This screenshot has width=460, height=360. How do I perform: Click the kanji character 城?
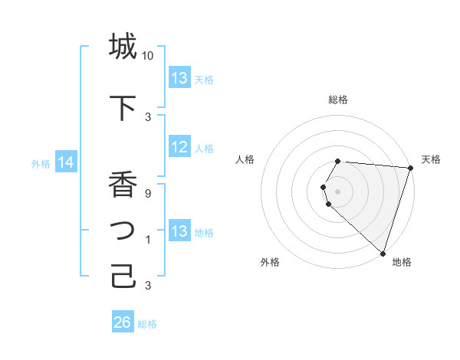pos(123,47)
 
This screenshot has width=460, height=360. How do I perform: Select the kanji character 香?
pos(123,185)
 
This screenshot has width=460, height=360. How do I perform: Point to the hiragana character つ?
pos(123,231)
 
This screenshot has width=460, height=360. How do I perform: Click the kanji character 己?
pos(123,277)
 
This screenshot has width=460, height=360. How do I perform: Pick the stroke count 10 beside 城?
pos(148,56)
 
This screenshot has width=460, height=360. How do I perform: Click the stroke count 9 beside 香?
pos(148,194)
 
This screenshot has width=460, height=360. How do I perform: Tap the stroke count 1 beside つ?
pos(148,240)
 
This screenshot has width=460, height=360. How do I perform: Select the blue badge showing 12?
pos(179,148)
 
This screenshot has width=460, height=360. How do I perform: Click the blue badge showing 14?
pos(65,162)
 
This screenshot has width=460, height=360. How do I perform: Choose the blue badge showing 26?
pos(122,323)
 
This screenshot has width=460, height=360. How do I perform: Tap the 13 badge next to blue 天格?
pos(179,79)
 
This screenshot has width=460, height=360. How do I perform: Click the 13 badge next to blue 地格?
pos(179,232)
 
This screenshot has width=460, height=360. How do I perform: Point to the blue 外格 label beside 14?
pos(41,163)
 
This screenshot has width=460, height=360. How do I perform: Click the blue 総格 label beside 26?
pos(147,324)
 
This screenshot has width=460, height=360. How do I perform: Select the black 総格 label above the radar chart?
pos(338,100)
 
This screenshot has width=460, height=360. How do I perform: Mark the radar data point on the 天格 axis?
pos(410,168)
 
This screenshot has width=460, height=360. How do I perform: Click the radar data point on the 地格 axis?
pos(383,253)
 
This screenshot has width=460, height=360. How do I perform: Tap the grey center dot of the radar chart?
pos(338,191)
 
